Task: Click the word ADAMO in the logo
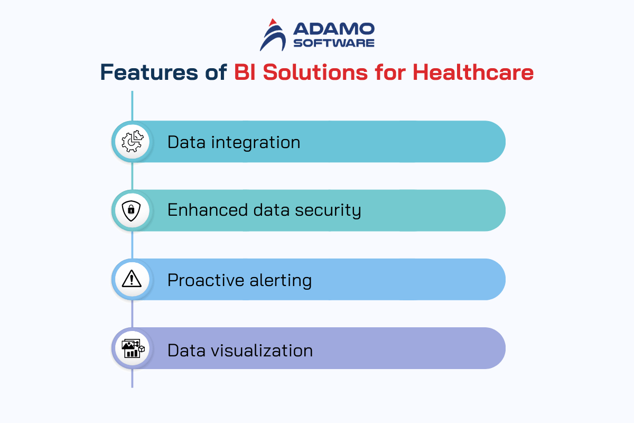point(334,29)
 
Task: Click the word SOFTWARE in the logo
point(334,43)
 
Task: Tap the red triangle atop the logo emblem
point(273,22)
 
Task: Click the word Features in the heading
point(149,72)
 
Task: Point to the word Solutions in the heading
point(315,72)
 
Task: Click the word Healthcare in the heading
point(473,72)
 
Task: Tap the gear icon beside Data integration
point(133,141)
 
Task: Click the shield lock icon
point(132,211)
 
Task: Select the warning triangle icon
point(132,279)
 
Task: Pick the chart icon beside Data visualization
point(133,348)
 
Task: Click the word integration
point(256,143)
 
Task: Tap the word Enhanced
point(208,210)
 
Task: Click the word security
point(328,211)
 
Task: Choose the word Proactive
point(206,280)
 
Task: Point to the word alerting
point(281,280)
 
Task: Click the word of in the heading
point(216,72)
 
